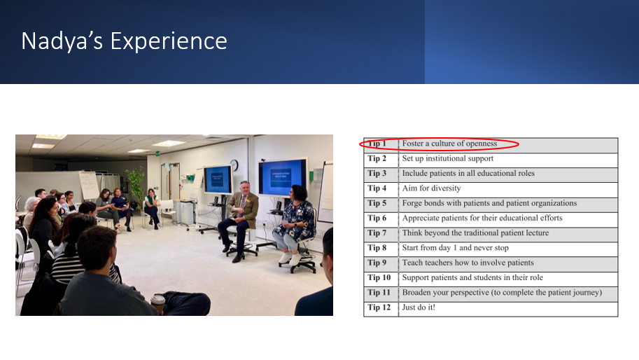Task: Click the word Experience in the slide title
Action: click(x=169, y=41)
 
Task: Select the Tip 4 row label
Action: click(x=377, y=188)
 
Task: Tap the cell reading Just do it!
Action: click(x=419, y=307)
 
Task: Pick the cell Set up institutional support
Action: click(x=447, y=158)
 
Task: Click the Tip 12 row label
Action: click(x=379, y=307)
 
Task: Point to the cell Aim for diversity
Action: click(x=431, y=188)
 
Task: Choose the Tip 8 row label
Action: click(x=377, y=248)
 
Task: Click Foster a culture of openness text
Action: click(x=449, y=144)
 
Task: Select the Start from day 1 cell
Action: click(x=455, y=248)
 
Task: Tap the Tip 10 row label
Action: click(x=379, y=277)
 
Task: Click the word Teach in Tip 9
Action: click(x=412, y=263)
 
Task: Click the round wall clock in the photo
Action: click(x=234, y=165)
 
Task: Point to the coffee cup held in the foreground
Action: click(x=158, y=303)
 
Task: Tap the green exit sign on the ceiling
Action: click(x=157, y=153)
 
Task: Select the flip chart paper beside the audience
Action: click(x=89, y=185)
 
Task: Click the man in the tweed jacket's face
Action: click(x=244, y=189)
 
